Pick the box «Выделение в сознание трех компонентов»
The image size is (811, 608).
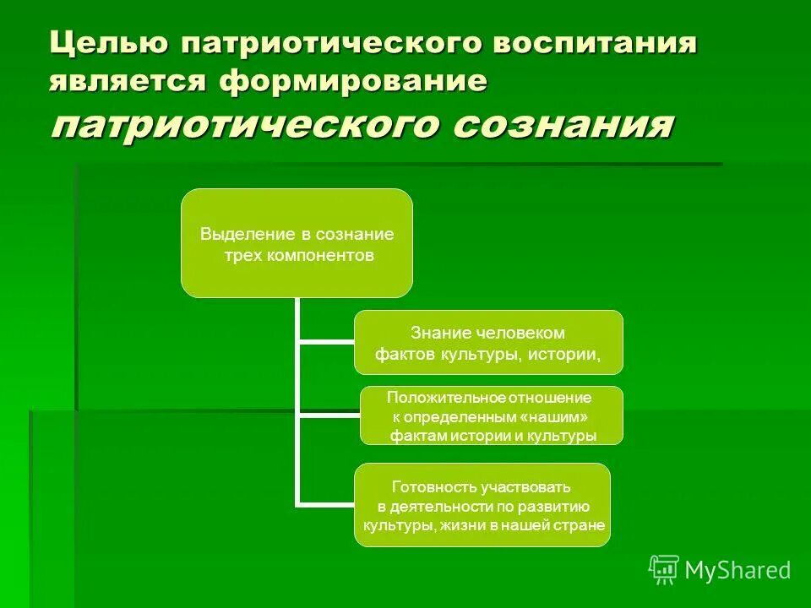(297, 243)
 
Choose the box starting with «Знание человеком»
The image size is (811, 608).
(487, 342)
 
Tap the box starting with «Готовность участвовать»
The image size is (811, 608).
(482, 505)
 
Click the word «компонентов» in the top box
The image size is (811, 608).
(321, 256)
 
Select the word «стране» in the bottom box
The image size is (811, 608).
(581, 524)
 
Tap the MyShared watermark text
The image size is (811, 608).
(738, 570)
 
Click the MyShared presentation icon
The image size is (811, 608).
(664, 570)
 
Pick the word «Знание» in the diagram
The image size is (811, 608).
(434, 333)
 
